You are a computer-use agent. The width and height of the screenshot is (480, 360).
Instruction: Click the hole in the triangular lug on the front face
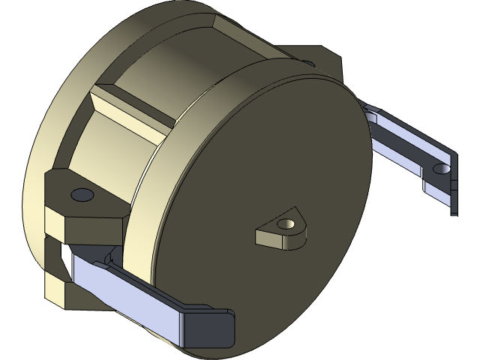click(284, 224)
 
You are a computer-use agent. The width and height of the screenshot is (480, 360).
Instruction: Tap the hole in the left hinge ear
click(80, 195)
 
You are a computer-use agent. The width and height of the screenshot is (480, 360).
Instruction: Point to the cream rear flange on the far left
click(45, 150)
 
